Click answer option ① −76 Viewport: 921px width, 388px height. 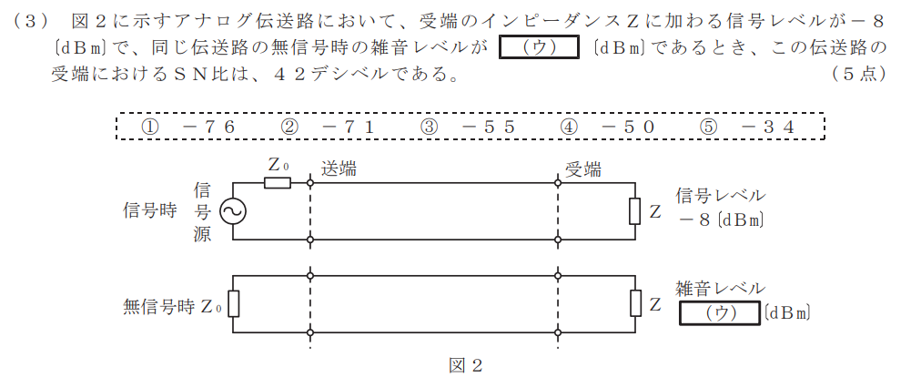(188, 127)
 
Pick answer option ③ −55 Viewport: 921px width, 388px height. (468, 127)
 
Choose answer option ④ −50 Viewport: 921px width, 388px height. (608, 127)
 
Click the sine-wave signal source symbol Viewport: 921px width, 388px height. (233, 211)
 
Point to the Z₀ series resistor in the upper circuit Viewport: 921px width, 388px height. (278, 183)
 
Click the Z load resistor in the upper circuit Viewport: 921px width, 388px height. (634, 211)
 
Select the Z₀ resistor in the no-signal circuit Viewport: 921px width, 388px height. (233, 304)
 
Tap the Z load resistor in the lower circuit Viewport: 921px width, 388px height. (634, 304)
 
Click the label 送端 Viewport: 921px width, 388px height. (339, 169)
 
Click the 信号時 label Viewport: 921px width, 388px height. (149, 211)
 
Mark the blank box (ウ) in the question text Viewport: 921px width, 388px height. (539, 47)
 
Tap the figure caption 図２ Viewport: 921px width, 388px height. (466, 365)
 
